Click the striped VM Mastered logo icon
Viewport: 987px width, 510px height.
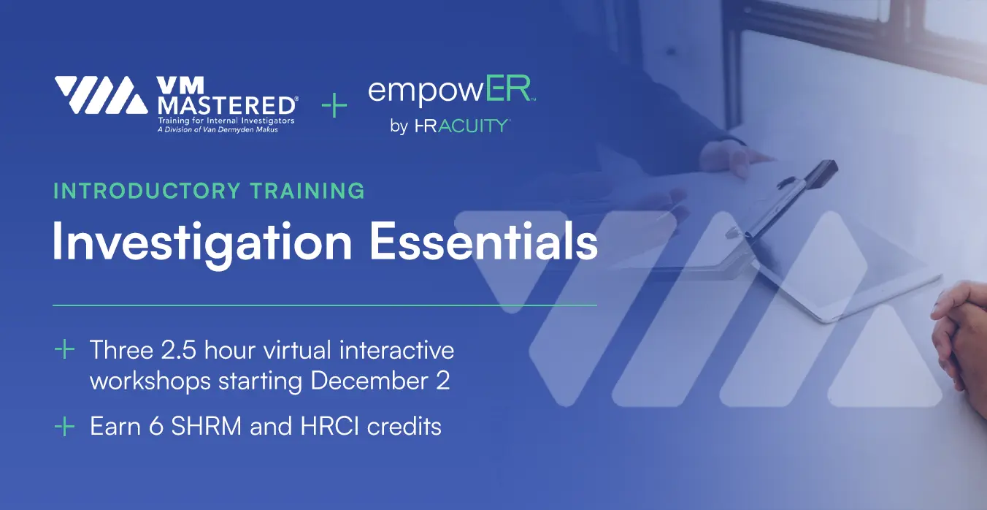coord(101,95)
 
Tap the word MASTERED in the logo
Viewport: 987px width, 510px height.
coord(226,106)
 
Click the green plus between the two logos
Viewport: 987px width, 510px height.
coord(334,105)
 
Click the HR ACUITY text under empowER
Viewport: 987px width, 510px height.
coord(462,126)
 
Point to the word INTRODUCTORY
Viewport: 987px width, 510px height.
coord(147,191)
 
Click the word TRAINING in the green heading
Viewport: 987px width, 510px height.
coord(307,191)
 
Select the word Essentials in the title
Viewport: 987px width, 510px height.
coord(483,242)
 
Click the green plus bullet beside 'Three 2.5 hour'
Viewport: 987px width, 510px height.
coord(65,350)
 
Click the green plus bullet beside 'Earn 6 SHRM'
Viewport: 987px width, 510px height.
coord(65,426)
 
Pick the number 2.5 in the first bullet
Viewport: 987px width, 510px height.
coord(178,350)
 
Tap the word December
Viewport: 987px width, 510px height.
coord(369,381)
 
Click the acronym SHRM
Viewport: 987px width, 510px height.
coord(207,426)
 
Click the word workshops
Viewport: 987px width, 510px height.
coord(150,381)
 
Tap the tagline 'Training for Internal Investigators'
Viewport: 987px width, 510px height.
coord(226,121)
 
